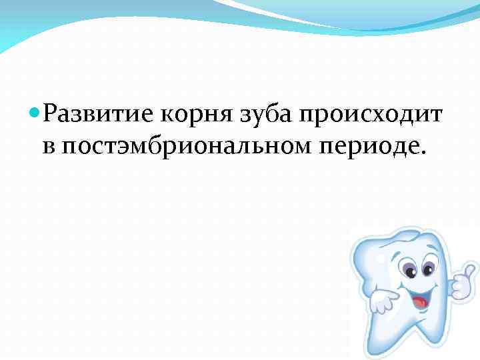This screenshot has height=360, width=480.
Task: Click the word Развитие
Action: pos(99,117)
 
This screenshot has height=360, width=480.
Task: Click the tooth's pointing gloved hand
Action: pos(383,300)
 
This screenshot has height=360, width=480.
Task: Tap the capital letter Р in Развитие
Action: pos(51,117)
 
